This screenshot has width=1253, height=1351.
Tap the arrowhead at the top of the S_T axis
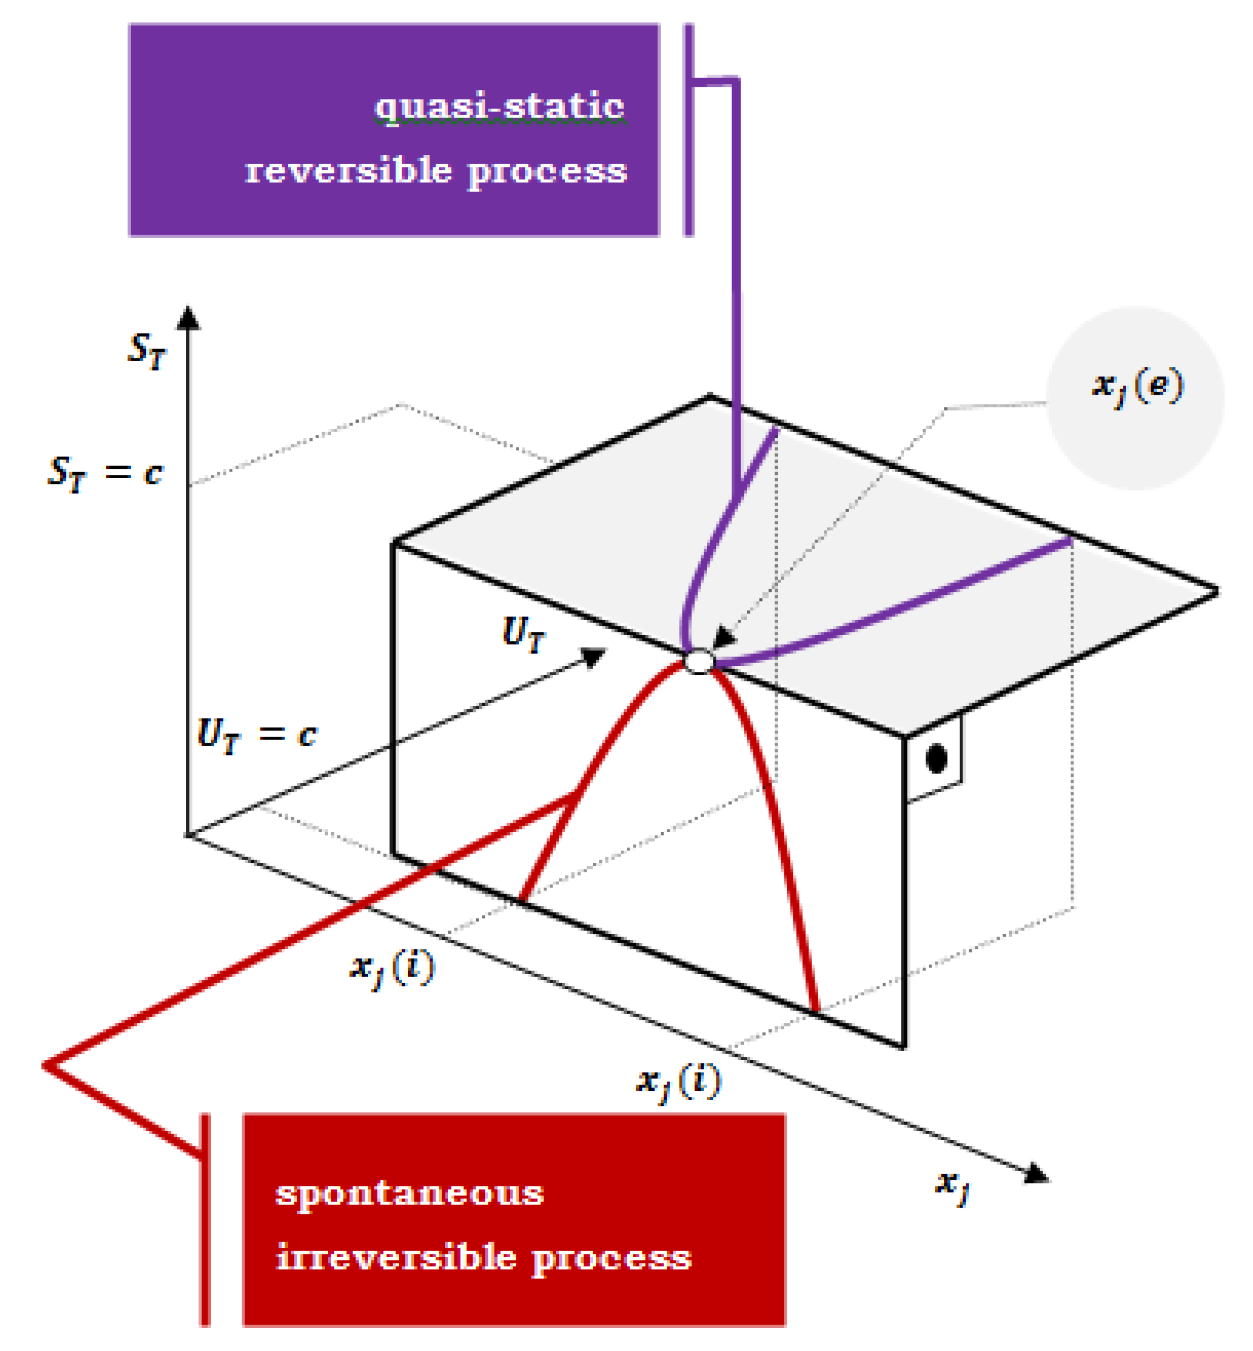tap(188, 318)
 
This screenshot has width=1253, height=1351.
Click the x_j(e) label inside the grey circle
tap(1137, 388)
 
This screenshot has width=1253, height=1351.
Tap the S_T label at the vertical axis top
tap(147, 350)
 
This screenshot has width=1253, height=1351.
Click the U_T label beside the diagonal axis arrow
tap(523, 634)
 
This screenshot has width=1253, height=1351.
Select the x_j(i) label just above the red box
tap(679, 1082)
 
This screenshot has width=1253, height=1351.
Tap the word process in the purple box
tap(547, 171)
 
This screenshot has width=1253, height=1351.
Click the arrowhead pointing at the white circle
tap(724, 637)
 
